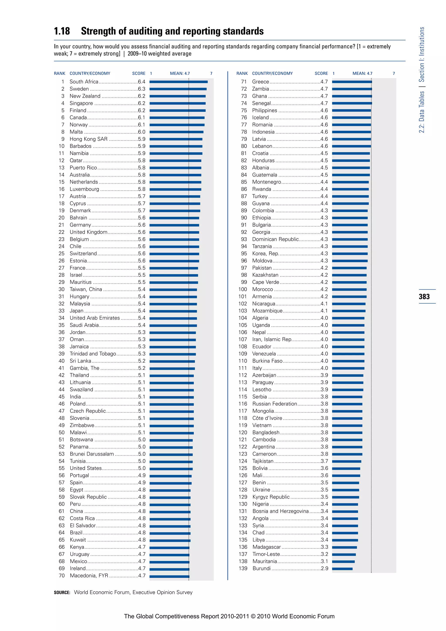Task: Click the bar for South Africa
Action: pyautogui.click(x=179, y=82)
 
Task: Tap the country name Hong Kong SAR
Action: pyautogui.click(x=88, y=139)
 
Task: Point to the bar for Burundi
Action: pyautogui.click(x=342, y=569)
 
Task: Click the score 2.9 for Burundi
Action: pyautogui.click(x=324, y=568)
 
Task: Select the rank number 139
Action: pyautogui.click(x=243, y=568)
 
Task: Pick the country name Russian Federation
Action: pyautogui.click(x=275, y=404)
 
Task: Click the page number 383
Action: pyautogui.click(x=424, y=297)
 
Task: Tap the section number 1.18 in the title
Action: pyautogui.click(x=62, y=31)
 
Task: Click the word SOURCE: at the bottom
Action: pyautogui.click(x=62, y=592)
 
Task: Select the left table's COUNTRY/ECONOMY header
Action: pyautogui.click(x=90, y=73)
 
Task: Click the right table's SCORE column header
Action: pyautogui.click(x=321, y=73)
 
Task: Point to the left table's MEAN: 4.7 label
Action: pyautogui.click(x=180, y=73)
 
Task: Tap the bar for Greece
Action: pyautogui.click(x=352, y=82)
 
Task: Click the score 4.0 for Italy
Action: pyautogui.click(x=324, y=368)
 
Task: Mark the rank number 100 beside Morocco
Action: pyautogui.click(x=243, y=289)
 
